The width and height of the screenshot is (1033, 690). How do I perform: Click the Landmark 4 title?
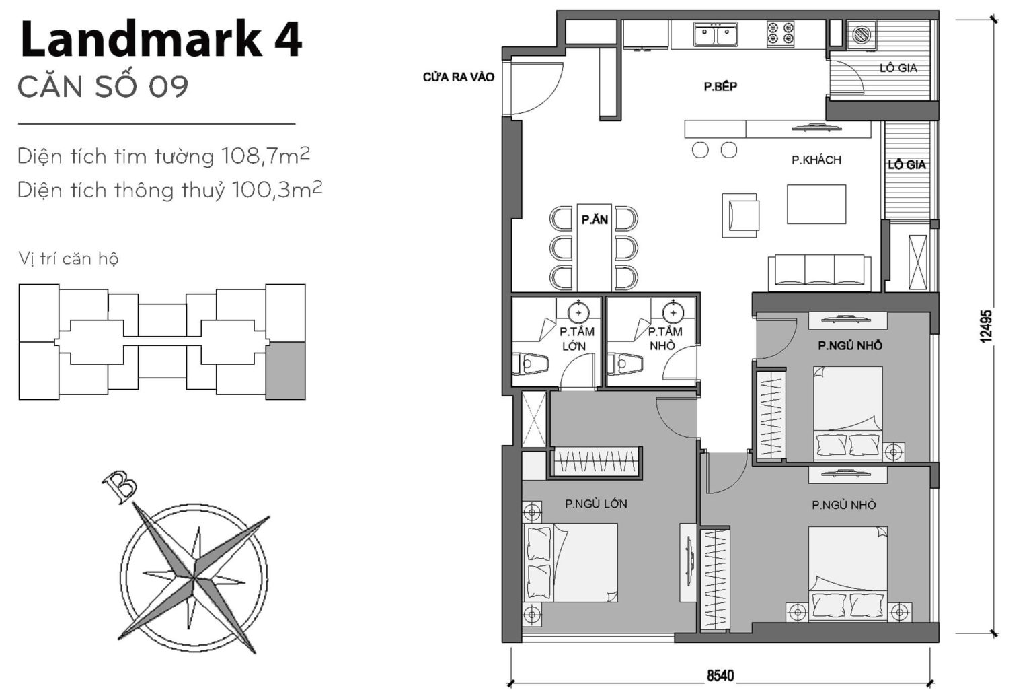(161, 40)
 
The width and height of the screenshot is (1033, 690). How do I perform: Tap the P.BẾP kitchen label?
(720, 86)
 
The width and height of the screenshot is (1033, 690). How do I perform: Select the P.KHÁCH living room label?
(816, 160)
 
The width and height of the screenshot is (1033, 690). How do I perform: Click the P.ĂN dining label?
(595, 219)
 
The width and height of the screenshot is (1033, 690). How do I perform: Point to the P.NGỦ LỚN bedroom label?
(596, 504)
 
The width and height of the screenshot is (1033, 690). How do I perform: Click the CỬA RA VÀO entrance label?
(458, 77)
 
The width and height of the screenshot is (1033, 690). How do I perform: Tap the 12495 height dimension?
(986, 326)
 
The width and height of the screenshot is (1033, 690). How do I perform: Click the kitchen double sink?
(716, 34)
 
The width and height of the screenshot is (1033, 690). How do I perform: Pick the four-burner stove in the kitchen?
(780, 34)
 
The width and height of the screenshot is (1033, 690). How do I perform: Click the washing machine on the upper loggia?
(860, 34)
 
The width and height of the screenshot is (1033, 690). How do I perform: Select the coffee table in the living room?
(816, 204)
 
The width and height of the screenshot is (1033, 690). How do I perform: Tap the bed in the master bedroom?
(572, 563)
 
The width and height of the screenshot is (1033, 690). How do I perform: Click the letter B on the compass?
(120, 487)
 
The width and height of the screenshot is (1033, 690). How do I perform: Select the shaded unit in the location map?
(285, 370)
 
